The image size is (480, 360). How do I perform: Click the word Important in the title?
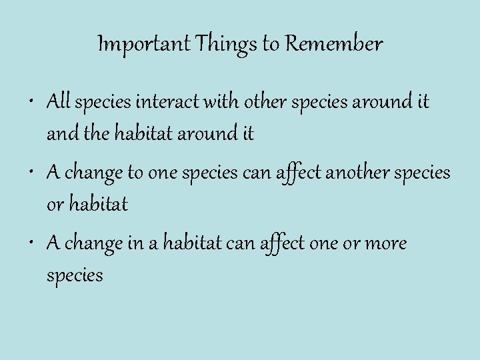point(136,45)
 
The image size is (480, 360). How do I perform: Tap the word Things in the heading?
point(220,45)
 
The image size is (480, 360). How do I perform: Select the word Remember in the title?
point(334,45)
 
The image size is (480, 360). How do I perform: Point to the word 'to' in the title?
point(271,45)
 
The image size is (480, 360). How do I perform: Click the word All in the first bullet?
point(59,103)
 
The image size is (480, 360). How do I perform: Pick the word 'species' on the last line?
point(75,275)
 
